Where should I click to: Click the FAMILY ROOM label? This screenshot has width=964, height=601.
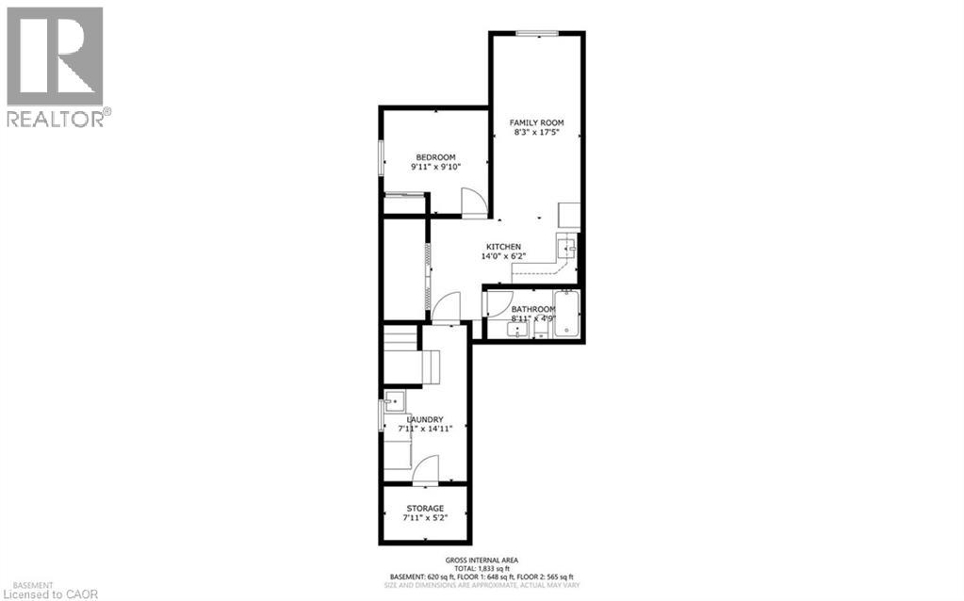pos(536,122)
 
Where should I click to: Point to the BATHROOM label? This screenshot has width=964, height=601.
pos(532,309)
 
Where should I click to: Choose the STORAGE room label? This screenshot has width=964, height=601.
pos(424,509)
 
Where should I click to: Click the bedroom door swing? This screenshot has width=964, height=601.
pos(473,203)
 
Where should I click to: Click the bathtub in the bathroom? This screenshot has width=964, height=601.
pos(567,313)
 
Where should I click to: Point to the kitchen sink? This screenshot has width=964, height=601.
pos(565,248)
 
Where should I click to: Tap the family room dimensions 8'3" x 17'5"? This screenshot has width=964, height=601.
pos(536,134)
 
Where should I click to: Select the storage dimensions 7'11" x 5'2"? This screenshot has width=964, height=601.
pos(424,519)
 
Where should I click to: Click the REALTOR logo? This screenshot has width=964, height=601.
pos(56,66)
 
